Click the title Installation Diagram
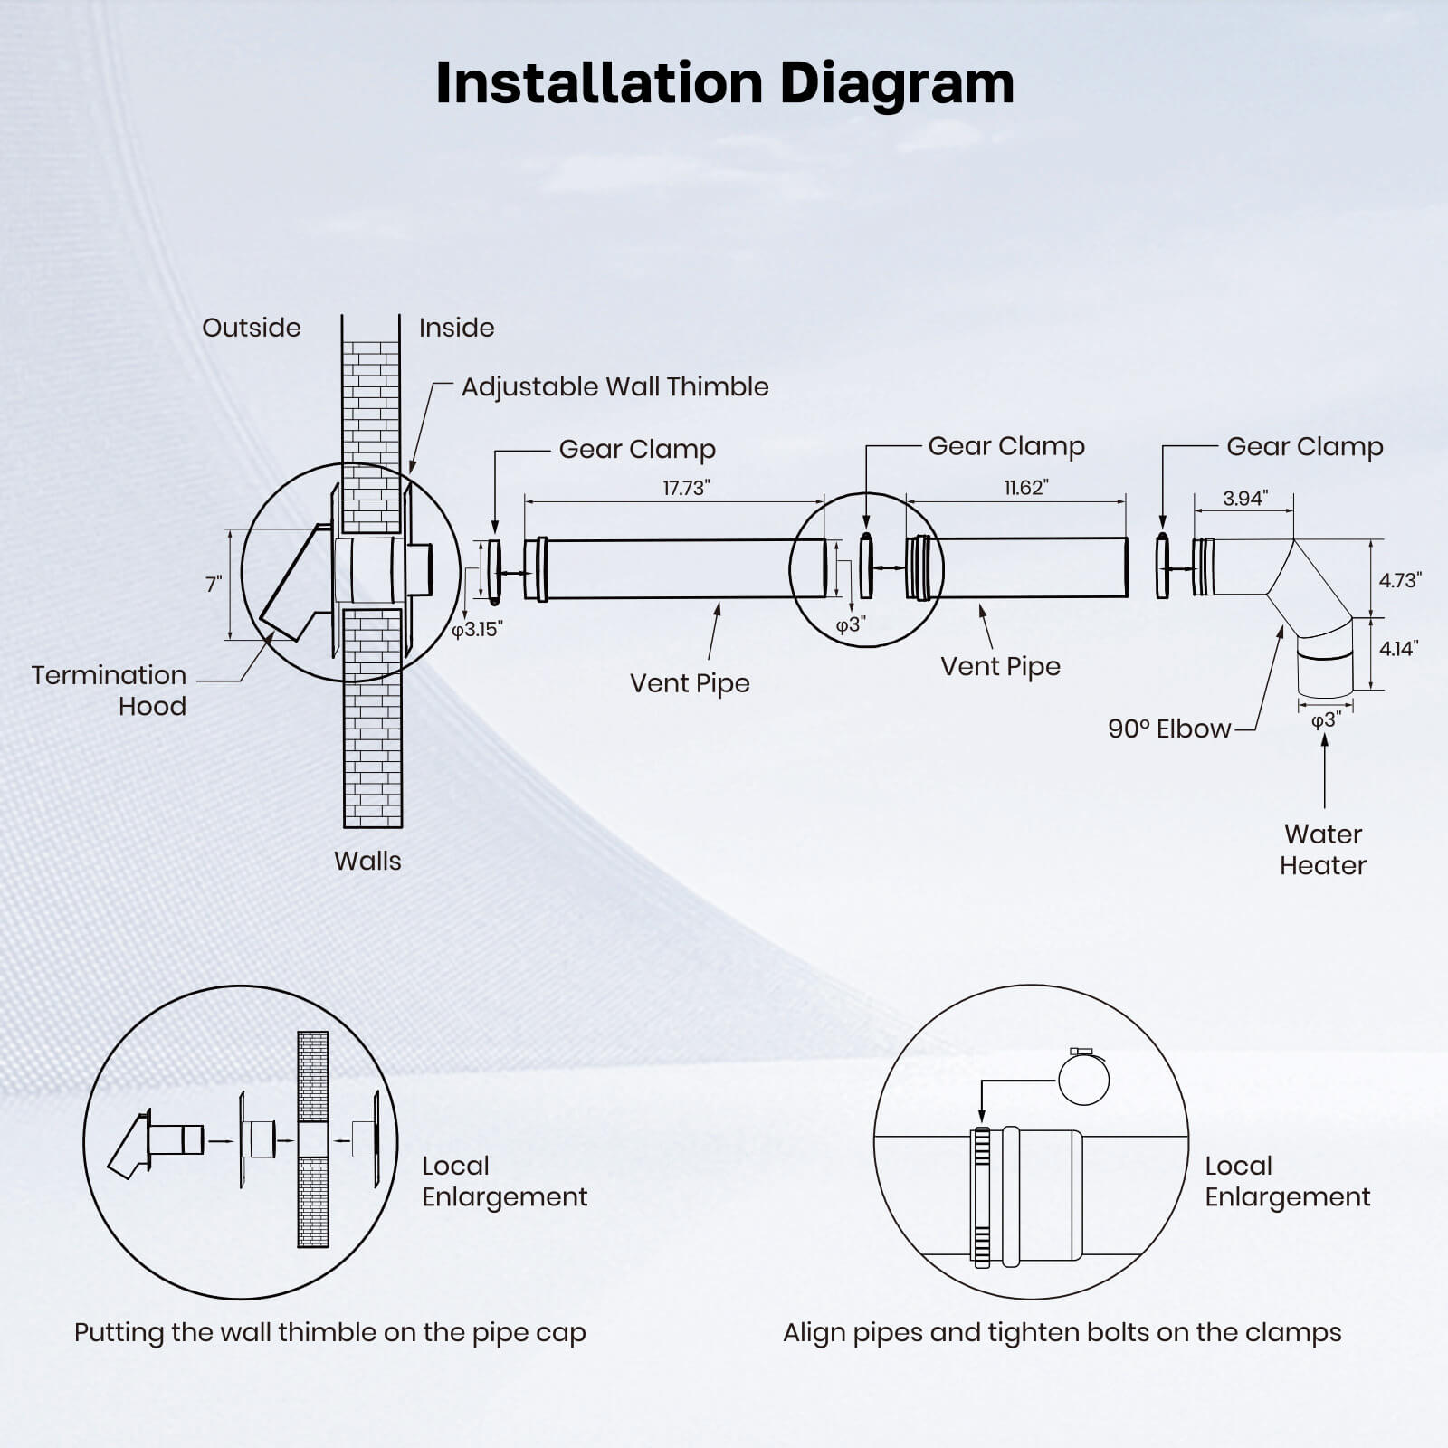tap(724, 83)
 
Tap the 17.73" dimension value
tap(685, 488)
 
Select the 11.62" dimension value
tap(1025, 487)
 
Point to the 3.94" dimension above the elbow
tap(1244, 498)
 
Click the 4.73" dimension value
tap(1399, 580)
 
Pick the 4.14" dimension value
tap(1398, 648)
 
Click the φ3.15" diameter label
tap(477, 629)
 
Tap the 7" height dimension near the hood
tap(214, 584)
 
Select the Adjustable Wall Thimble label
tap(614, 386)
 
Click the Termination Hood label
tap(110, 690)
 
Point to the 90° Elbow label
tap(1169, 729)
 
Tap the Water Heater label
tap(1322, 849)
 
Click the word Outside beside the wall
tap(251, 327)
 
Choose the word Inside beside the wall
tap(456, 327)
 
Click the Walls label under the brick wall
tap(367, 860)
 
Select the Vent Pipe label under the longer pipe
tap(690, 682)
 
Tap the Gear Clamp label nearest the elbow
tap(1304, 446)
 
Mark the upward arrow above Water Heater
tap(1325, 768)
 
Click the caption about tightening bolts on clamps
tap(1062, 1332)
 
